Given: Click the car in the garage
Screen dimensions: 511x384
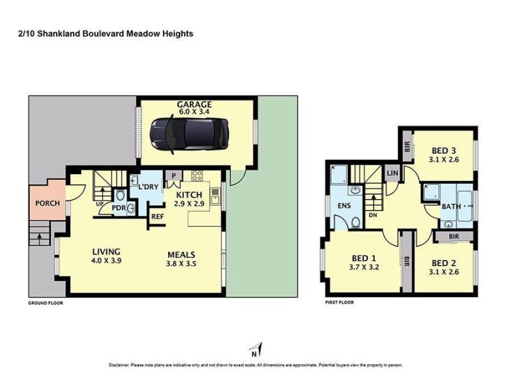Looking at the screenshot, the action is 189,134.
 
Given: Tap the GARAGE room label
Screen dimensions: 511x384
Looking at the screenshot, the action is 194,104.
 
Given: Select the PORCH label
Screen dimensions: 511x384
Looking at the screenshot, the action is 47,203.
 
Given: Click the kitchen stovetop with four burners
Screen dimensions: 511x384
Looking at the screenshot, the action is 197,175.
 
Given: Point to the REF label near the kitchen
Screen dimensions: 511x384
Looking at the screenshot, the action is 157,216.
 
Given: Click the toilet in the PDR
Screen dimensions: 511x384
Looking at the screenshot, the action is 120,195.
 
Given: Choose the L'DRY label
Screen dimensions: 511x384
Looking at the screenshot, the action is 148,187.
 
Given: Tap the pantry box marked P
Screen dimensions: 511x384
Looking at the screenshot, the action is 174,175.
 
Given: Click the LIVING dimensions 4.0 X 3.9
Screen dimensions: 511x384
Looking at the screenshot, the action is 106,260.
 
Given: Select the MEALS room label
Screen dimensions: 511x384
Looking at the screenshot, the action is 181,255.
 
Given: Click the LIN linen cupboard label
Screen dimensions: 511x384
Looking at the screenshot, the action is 392,173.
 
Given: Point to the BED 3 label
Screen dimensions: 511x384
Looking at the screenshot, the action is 443,150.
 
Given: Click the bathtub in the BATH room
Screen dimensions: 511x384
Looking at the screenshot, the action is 465,205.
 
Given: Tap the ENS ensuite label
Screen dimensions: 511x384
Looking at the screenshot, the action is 344,205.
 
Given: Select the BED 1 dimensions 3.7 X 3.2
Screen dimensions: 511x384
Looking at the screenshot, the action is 363,267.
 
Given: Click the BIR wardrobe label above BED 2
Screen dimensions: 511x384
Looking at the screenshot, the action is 454,236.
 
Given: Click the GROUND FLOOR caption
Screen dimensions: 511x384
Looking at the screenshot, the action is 45,303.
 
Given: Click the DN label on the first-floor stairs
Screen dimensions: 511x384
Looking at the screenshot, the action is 373,215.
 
